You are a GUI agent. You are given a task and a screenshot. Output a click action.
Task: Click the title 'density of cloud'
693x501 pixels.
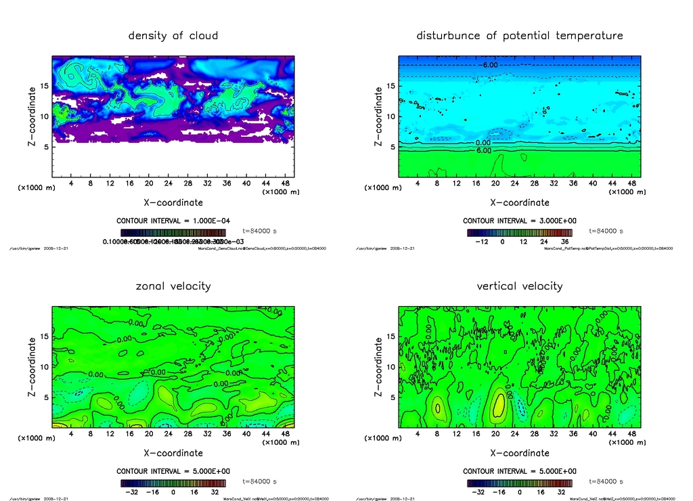pyautogui.click(x=173, y=35)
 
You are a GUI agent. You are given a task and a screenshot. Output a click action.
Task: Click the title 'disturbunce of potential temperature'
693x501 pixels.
pyautogui.click(x=520, y=35)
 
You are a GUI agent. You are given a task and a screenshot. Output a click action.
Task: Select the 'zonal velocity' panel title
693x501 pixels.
pyautogui.click(x=173, y=286)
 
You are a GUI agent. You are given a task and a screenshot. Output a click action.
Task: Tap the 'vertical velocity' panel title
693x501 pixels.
pyautogui.click(x=520, y=286)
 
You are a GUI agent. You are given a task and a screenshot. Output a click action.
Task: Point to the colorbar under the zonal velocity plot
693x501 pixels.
pyautogui.click(x=173, y=483)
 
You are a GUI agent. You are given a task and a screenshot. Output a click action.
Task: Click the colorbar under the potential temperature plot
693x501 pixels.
pyautogui.click(x=520, y=232)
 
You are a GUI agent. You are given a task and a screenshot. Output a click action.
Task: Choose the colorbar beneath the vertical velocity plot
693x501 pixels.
pyautogui.click(x=520, y=483)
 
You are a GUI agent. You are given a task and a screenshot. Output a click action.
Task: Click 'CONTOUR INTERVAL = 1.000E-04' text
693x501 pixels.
pyautogui.click(x=173, y=221)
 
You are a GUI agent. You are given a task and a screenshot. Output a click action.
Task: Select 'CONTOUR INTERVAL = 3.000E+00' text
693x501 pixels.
pyautogui.click(x=520, y=221)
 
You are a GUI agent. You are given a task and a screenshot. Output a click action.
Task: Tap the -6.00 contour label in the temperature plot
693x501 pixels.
pyautogui.click(x=489, y=65)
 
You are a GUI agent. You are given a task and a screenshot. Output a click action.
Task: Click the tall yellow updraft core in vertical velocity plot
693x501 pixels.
pyautogui.click(x=499, y=405)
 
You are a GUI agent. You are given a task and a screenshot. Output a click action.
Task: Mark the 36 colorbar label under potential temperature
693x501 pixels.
pyautogui.click(x=564, y=241)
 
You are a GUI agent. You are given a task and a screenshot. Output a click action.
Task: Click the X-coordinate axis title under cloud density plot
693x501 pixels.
pyautogui.click(x=173, y=202)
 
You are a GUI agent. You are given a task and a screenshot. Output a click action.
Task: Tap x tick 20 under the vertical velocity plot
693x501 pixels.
pyautogui.click(x=495, y=434)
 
